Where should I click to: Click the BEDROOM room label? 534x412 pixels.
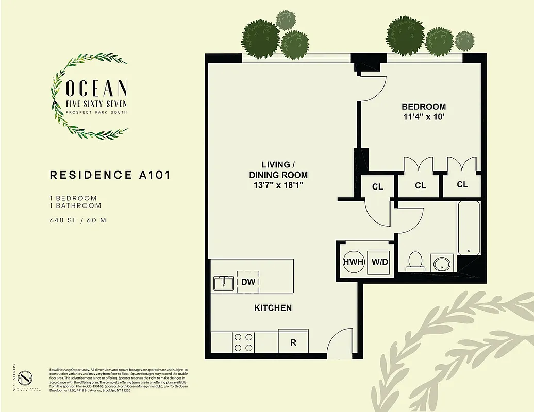point(424,106)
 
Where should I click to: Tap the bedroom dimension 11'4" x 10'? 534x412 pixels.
point(424,116)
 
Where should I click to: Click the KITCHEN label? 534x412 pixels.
point(273,308)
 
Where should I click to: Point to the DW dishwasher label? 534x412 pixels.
point(247,282)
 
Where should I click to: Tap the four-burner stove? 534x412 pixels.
point(244,342)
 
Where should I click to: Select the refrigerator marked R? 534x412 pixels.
point(293,342)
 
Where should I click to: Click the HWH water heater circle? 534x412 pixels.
point(354,262)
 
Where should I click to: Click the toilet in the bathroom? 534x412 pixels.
point(414,262)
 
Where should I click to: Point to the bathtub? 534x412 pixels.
point(469,228)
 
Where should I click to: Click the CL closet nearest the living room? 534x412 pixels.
point(377,186)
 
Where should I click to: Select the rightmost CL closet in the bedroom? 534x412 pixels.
point(462,184)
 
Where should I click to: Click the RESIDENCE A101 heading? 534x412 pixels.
point(110,175)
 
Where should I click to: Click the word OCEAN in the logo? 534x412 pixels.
point(96,88)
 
